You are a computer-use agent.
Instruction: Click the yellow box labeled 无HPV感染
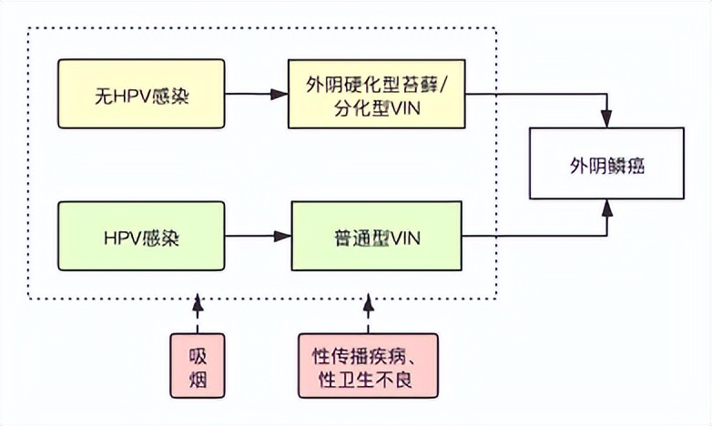tap(140, 94)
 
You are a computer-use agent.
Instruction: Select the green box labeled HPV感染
tap(140, 237)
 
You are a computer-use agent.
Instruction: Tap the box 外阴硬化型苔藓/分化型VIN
tap(378, 94)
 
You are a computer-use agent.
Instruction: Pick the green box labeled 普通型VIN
tap(378, 237)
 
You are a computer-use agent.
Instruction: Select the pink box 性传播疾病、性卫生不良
tap(369, 364)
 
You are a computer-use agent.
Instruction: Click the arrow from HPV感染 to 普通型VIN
tap(258, 237)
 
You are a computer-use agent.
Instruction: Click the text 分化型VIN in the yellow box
tap(378, 108)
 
